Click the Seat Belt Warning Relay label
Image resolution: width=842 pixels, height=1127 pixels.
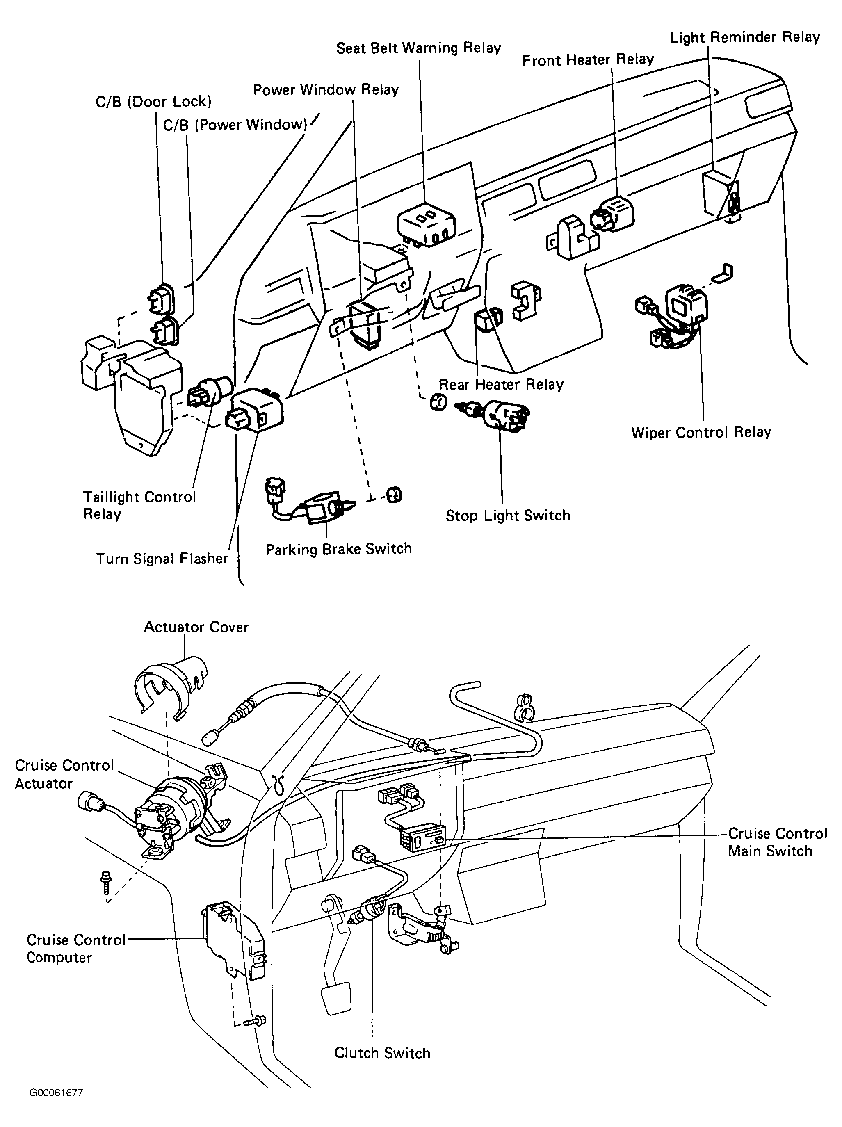point(419,48)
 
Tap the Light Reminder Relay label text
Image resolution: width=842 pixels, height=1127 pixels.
point(744,37)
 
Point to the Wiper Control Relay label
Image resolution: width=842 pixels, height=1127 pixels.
point(701,433)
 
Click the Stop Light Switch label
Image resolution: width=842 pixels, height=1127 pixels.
point(508,516)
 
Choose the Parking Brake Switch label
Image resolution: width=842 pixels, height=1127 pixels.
point(339,549)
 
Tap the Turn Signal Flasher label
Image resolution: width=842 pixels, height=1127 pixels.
point(162,559)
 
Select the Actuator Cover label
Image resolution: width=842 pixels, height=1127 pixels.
point(196,627)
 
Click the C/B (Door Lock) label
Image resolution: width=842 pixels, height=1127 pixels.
point(153,101)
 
